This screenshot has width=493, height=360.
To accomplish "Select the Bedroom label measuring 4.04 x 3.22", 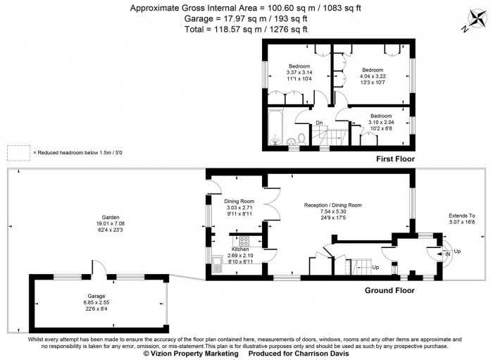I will tap(373, 70).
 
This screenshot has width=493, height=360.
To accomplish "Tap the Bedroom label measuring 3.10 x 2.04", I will tap(381, 116).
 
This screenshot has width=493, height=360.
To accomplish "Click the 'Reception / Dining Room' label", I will tap(332, 205).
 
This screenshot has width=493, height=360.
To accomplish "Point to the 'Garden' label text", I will tap(110, 218).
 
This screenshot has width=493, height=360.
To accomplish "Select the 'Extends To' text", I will tap(462, 216).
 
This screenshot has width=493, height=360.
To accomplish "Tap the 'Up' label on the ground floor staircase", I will tap(375, 268).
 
